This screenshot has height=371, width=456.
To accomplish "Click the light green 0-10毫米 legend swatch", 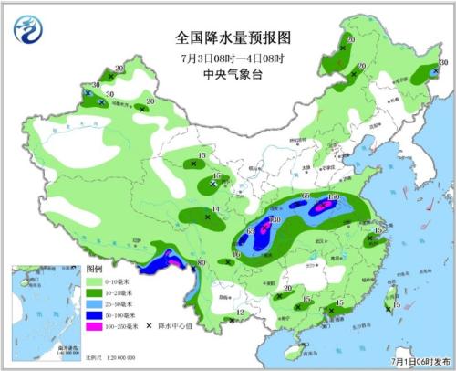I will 95,282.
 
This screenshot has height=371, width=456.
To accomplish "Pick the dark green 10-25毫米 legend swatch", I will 95,293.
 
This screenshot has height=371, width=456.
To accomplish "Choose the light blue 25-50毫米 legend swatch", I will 95,304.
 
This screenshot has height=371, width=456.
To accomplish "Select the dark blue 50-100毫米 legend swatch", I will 95,315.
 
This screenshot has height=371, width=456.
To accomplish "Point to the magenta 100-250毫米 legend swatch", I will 95,326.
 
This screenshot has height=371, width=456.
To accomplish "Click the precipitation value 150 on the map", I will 333,197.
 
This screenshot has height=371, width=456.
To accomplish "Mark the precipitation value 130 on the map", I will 274,220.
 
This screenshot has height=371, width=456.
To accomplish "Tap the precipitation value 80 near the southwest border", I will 202,265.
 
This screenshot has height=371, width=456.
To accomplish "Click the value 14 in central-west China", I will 215,210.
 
